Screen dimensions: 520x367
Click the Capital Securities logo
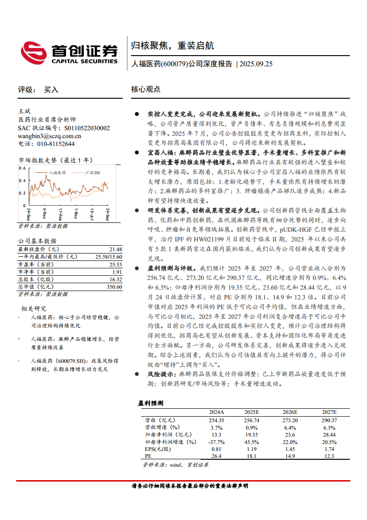coord(69,52)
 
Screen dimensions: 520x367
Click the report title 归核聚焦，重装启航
coord(172,46)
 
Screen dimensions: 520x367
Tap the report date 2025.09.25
coord(256,64)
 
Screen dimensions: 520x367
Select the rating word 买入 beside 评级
coord(51,90)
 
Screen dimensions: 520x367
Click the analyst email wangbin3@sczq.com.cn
coord(50,136)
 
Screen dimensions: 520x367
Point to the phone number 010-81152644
coord(53,144)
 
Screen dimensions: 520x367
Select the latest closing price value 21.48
coord(116,249)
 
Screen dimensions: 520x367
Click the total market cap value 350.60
coord(114,287)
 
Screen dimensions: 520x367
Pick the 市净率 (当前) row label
coord(35,272)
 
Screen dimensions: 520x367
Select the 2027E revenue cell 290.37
coord(329,420)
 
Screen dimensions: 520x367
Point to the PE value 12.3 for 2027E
coord(329,456)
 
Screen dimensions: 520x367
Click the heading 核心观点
coord(146,89)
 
